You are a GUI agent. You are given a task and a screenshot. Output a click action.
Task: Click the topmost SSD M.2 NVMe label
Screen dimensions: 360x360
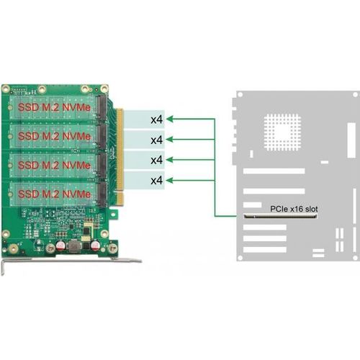coord(54,107)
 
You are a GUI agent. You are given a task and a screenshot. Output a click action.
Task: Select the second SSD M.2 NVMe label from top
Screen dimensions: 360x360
coord(54,136)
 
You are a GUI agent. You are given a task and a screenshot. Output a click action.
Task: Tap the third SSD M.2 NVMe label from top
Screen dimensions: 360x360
coord(54,165)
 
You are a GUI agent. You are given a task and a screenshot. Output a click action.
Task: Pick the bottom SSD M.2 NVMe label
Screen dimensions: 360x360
coord(54,194)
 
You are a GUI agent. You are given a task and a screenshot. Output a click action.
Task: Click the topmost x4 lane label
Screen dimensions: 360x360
coord(157,120)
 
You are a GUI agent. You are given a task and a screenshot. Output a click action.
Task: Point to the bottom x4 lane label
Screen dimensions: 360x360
coord(157,180)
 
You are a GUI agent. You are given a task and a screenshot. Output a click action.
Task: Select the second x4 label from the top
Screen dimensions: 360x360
coord(157,140)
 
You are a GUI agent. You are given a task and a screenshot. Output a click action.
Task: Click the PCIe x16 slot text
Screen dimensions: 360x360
coord(294,209)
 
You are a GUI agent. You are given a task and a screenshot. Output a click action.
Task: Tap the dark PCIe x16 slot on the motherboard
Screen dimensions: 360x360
coord(280,217)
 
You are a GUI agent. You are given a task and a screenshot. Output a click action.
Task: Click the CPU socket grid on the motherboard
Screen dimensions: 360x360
coord(282,132)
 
